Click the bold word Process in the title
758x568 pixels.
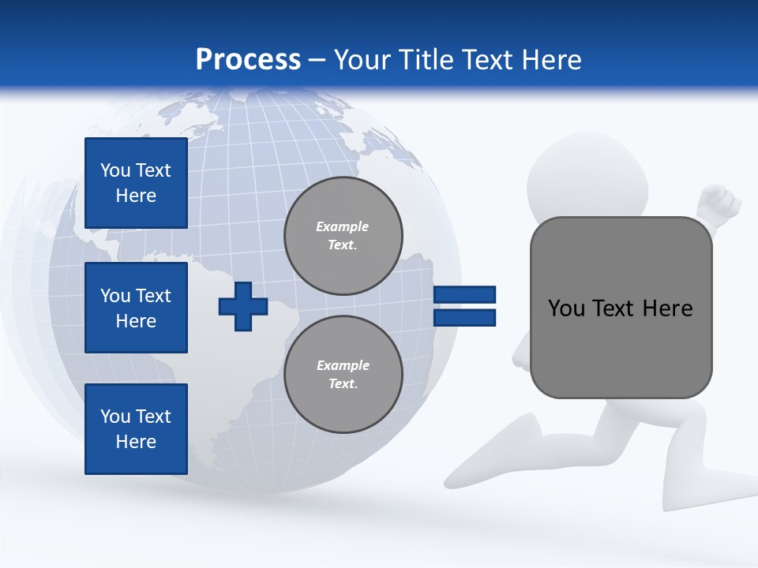pyautogui.click(x=248, y=60)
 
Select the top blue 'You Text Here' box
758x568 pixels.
pyautogui.click(x=136, y=183)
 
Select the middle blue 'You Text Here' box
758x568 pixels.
pyautogui.click(x=136, y=308)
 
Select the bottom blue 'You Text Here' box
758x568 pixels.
pyautogui.click(x=136, y=429)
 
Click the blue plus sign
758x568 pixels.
pyautogui.click(x=243, y=306)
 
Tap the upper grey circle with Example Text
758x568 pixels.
pyautogui.click(x=343, y=236)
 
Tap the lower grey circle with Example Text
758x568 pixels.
pyautogui.click(x=343, y=375)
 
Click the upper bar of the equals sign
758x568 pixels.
pyautogui.click(x=464, y=294)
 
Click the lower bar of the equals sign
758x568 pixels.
pyautogui.click(x=464, y=318)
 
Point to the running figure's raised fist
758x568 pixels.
pyautogui.click(x=720, y=203)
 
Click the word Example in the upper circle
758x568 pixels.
pyautogui.click(x=343, y=226)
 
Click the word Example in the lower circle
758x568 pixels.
pyautogui.click(x=343, y=365)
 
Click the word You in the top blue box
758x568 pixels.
pyautogui.click(x=115, y=170)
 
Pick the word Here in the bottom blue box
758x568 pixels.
pyautogui.click(x=136, y=442)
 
